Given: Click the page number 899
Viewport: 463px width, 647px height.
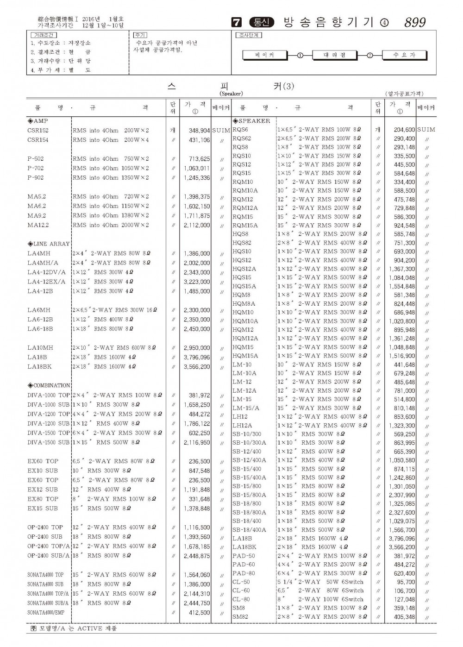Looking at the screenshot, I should coord(415,23).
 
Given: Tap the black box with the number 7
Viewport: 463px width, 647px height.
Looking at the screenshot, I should coord(237,23).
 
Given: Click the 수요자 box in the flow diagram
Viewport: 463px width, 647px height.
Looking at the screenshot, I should coord(404,55).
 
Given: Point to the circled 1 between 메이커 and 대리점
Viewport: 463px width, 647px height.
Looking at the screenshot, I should coord(300,55).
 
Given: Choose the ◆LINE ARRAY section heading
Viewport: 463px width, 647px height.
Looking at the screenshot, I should coord(49,244).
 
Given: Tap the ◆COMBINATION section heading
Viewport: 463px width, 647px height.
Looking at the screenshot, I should coord(49,385).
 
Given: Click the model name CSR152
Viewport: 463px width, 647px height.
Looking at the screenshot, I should coord(38,131).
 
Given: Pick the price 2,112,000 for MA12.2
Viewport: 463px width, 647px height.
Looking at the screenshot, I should coord(197,225).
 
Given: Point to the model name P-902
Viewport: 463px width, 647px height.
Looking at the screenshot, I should coord(36,177).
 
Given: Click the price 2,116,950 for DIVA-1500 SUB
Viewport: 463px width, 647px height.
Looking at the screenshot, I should coord(197,442).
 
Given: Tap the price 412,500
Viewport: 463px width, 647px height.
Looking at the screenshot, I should coord(199,612).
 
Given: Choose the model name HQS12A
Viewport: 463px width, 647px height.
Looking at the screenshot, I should coord(244,269).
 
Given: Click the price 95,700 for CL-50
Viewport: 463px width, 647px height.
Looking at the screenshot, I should coord(406,582).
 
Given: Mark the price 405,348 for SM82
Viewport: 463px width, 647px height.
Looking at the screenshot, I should coord(404,617).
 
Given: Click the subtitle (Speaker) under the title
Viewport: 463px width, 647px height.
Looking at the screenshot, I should coord(231,94).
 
